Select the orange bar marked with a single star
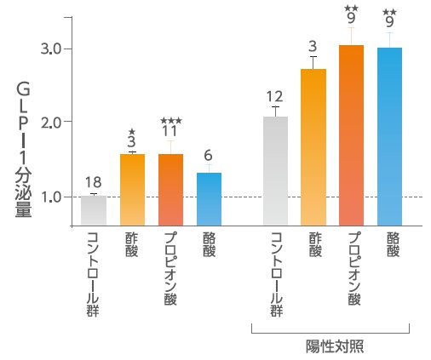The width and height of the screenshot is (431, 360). point(132,189)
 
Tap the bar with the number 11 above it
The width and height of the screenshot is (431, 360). point(170,189)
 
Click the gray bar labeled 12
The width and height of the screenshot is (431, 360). point(275,170)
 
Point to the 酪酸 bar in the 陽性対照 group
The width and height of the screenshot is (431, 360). point(389,136)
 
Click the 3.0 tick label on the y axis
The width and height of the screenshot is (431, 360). point(50,49)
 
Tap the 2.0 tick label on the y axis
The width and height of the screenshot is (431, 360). point(50,123)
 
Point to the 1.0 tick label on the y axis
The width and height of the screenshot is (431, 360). point(50,197)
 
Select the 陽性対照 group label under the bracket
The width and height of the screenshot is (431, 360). point(330,345)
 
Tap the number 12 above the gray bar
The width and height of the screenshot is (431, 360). point(274,96)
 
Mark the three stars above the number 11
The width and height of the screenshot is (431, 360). point(170,121)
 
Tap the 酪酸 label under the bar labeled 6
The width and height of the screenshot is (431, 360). point(208,244)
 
